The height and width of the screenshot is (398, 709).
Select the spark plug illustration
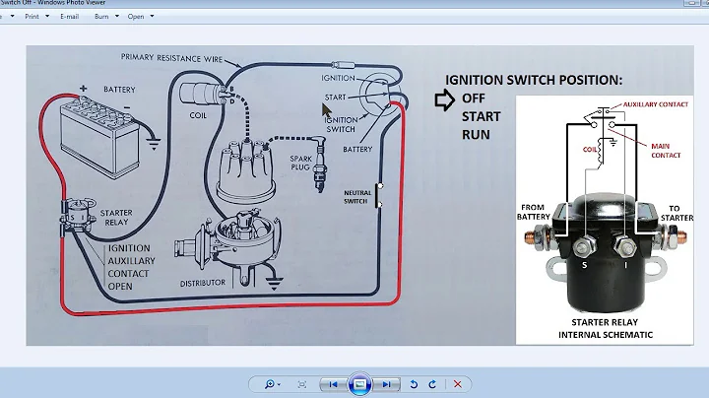pos(314,176)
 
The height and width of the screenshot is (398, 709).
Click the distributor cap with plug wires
pos(246,176)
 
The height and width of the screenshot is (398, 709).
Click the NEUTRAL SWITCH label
pos(356,196)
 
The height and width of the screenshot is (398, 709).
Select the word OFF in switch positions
pos(475,99)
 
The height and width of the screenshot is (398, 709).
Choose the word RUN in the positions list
pos(477,134)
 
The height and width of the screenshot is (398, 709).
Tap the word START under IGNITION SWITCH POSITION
pos(482,116)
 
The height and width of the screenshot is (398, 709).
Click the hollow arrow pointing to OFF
pos(444,99)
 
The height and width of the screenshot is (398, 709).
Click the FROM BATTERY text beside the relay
pos(537,212)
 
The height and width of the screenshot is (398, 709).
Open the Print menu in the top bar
pos(35,16)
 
